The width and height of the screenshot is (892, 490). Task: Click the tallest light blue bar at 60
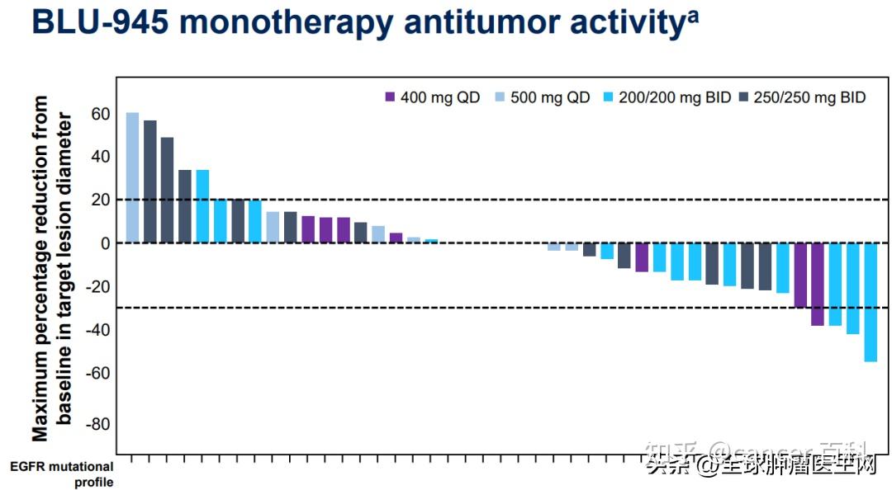[x=132, y=177]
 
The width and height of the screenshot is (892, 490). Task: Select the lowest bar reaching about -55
[x=871, y=302]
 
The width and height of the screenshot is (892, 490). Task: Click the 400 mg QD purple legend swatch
[x=391, y=97]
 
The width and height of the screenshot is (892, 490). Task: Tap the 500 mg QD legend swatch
[x=501, y=97]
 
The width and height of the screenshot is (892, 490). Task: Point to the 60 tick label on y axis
[x=100, y=114]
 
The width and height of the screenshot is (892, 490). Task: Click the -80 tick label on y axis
[x=97, y=424]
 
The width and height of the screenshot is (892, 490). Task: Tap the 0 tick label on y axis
[x=105, y=243]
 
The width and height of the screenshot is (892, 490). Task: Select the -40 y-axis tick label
[x=97, y=330]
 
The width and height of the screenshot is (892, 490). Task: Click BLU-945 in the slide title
[x=98, y=22]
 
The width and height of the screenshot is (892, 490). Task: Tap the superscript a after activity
[x=691, y=14]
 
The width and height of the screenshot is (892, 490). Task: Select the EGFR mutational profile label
[x=62, y=474]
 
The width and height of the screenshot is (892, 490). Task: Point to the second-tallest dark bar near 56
[x=149, y=181]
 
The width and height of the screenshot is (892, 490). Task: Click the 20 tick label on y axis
[x=100, y=200]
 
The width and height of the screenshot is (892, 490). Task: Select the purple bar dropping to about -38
[x=818, y=285]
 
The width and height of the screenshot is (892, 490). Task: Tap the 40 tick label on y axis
[x=100, y=157]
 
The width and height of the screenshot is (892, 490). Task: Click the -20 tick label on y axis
[x=97, y=287]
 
